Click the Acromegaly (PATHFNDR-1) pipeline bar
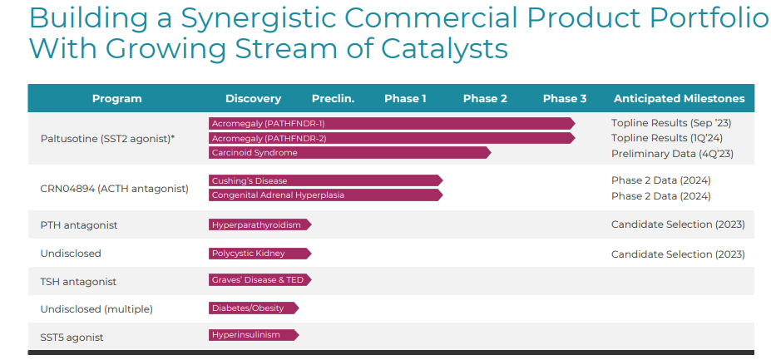(x=391, y=123)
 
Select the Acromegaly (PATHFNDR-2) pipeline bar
(x=391, y=138)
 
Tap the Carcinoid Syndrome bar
(x=349, y=153)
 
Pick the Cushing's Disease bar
(x=325, y=180)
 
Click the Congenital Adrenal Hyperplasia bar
(x=325, y=195)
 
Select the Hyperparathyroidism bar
(x=259, y=224)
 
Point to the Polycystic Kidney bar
(x=259, y=254)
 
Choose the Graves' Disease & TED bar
(x=259, y=280)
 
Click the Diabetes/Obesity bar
(x=253, y=308)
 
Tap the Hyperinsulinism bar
(x=253, y=335)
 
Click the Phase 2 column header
(x=485, y=99)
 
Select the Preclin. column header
(x=333, y=99)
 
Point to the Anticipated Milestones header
(x=679, y=99)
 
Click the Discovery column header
(x=253, y=99)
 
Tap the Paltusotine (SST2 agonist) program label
(x=107, y=138)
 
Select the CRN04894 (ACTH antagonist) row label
(x=114, y=189)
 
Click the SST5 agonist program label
(x=72, y=338)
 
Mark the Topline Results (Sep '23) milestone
(x=670, y=123)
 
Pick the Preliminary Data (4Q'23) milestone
(x=672, y=154)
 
